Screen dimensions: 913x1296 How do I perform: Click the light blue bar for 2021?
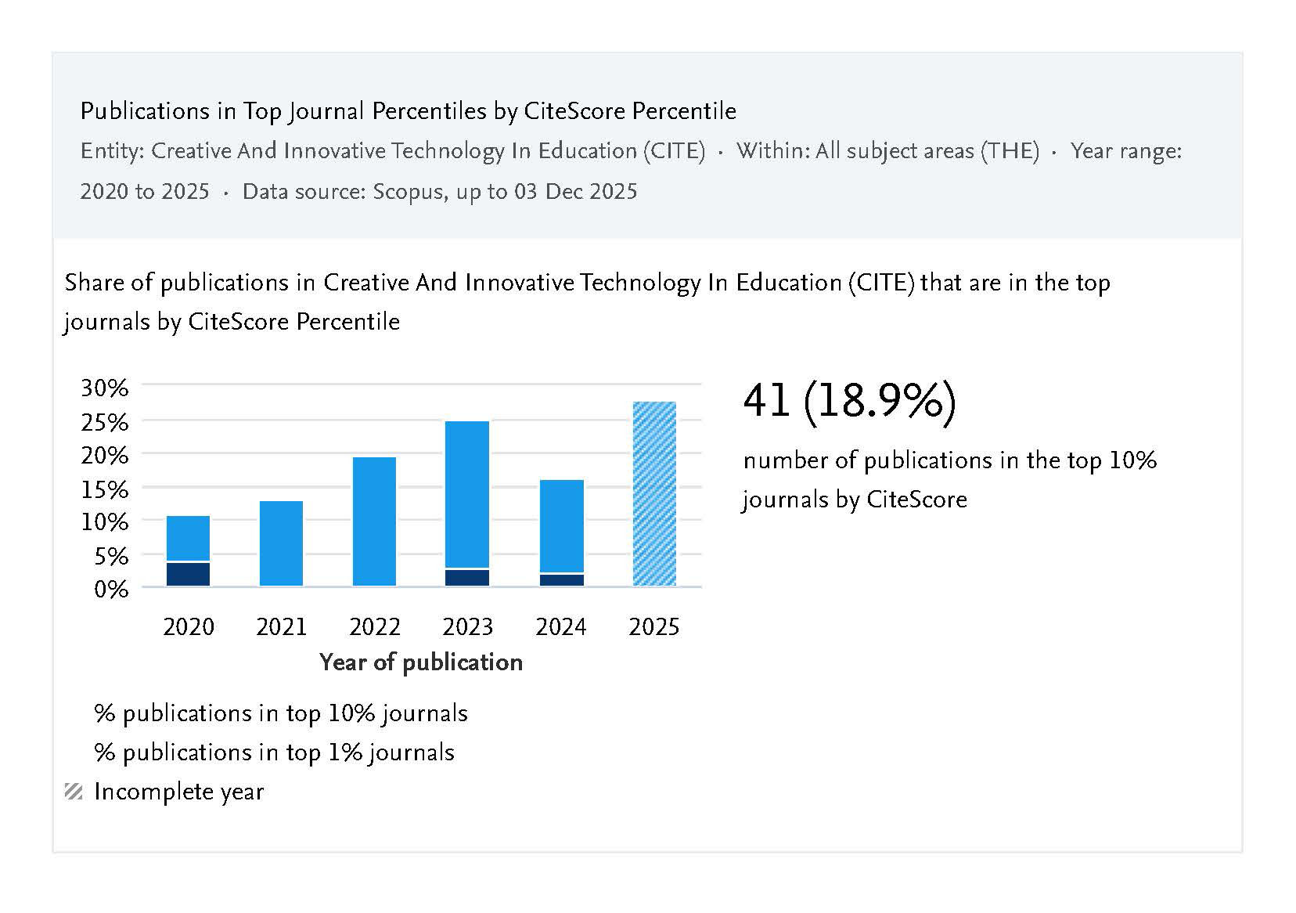click(x=281, y=543)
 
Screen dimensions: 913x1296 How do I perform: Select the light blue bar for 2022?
click(x=374, y=521)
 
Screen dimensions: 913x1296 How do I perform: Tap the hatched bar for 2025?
click(x=654, y=493)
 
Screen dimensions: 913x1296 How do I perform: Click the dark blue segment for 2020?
click(x=188, y=574)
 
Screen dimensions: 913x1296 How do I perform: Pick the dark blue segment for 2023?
click(x=467, y=578)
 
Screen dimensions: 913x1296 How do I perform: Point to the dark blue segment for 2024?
click(x=561, y=580)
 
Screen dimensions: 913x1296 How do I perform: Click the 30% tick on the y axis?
click(x=104, y=388)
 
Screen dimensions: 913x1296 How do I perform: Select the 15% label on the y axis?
click(x=104, y=489)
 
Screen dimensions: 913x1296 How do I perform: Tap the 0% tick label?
click(x=110, y=589)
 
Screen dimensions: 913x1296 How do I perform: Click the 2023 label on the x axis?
click(x=467, y=627)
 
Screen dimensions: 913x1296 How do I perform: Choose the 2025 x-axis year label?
click(x=654, y=627)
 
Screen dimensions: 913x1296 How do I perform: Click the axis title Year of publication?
click(x=421, y=662)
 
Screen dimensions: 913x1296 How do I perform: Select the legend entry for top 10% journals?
click(x=280, y=713)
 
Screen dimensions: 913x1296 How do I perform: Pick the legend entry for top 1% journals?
click(x=274, y=752)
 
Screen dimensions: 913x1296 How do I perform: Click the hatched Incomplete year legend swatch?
click(x=74, y=792)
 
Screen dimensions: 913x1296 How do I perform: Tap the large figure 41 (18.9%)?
click(x=849, y=402)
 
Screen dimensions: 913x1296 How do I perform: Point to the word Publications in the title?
click(x=134, y=111)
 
